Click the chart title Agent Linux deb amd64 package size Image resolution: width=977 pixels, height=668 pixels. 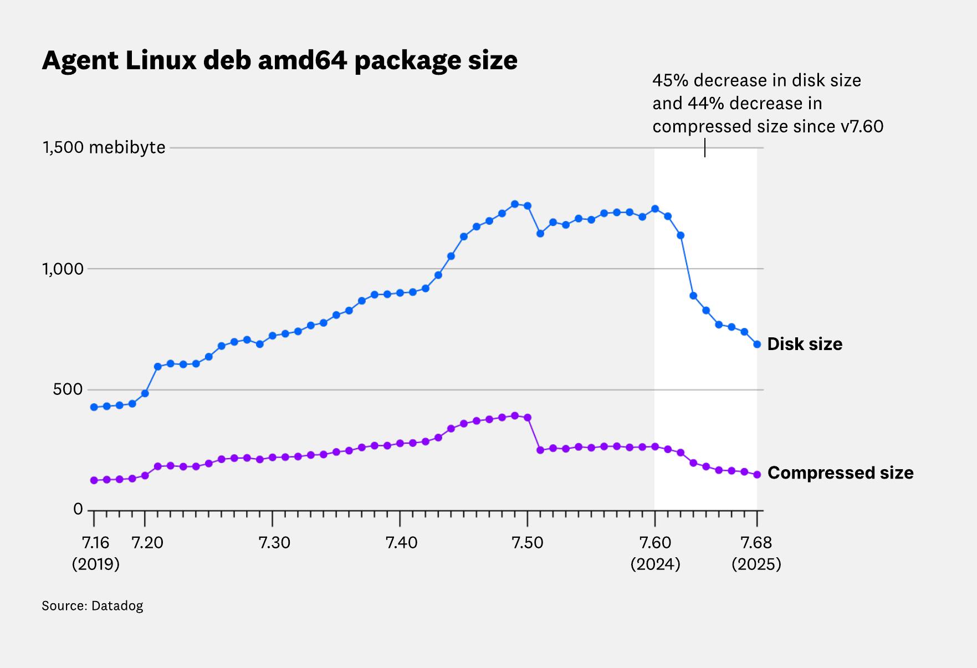[279, 60]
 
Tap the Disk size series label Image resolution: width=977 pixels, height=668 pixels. [804, 344]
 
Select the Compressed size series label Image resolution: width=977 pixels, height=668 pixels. [840, 473]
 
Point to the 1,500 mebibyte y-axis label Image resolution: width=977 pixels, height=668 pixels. [104, 147]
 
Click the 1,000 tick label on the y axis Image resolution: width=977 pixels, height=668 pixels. [63, 269]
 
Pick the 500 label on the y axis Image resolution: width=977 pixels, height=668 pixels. [68, 389]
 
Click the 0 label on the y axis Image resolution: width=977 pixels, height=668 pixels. [78, 509]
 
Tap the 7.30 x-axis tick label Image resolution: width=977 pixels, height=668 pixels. [274, 542]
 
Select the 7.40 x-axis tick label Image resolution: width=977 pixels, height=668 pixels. [401, 542]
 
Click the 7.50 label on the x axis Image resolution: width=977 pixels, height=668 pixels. [528, 542]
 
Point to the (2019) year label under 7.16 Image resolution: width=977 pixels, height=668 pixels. [95, 564]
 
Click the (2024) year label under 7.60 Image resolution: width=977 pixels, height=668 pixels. [655, 564]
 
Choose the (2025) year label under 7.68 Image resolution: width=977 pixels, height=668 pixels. [756, 564]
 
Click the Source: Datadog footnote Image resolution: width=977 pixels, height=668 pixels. [92, 606]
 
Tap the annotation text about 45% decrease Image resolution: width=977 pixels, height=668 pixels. [768, 104]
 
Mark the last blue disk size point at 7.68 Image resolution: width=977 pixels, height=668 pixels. [757, 345]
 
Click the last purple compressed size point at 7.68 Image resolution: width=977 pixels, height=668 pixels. [757, 475]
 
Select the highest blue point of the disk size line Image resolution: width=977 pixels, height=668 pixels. [515, 204]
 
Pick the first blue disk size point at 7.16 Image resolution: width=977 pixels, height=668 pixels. [94, 407]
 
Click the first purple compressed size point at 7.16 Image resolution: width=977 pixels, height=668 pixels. [94, 480]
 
